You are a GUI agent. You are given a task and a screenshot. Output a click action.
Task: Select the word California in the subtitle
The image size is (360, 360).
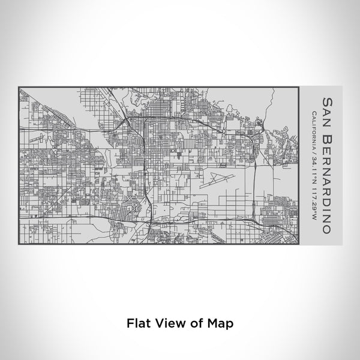pyautogui.click(x=314, y=131)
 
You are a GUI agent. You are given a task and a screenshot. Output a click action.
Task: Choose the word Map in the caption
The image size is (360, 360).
pyautogui.click(x=221, y=322)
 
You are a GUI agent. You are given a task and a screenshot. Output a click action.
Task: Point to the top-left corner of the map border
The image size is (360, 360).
pyautogui.click(x=19, y=88)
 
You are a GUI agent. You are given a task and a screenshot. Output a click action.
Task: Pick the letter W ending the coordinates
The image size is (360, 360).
pyautogui.click(x=314, y=218)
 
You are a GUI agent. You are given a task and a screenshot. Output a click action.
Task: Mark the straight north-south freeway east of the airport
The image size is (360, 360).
pyautogui.click(x=255, y=180)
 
